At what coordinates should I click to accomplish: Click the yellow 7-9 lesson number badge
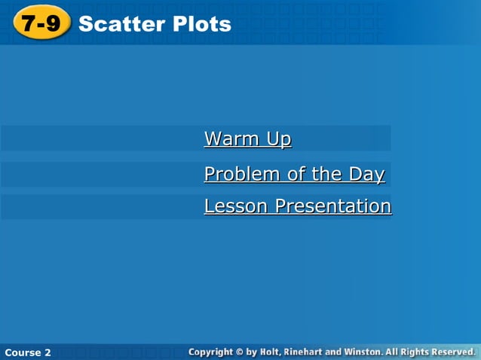[x=41, y=24]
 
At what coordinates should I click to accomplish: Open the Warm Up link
[x=247, y=139]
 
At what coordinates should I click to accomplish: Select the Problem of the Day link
[x=294, y=175]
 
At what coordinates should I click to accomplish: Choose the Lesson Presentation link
[x=297, y=206]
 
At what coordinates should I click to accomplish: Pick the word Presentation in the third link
[x=332, y=206]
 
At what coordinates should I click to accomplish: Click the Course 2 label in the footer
[x=27, y=352]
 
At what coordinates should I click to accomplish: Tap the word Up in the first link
[x=278, y=139]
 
